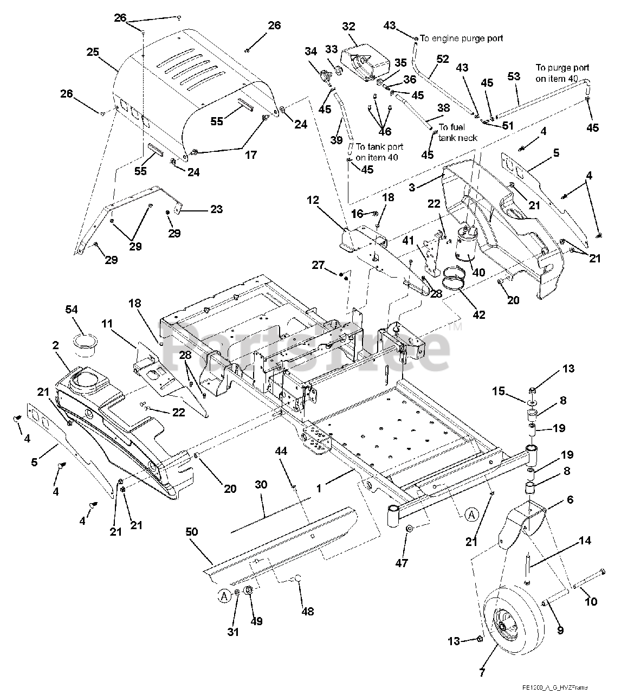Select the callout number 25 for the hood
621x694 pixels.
[93, 52]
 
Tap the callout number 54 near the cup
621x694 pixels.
[72, 309]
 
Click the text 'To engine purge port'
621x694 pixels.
[461, 38]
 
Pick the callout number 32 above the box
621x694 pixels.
[348, 26]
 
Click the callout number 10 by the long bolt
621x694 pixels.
[591, 601]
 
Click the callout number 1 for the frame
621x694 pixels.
[319, 489]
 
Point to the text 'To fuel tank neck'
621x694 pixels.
[458, 132]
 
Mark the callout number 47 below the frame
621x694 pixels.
[401, 563]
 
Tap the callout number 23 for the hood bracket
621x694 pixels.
[216, 209]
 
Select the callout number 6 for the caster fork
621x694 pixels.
[570, 499]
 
